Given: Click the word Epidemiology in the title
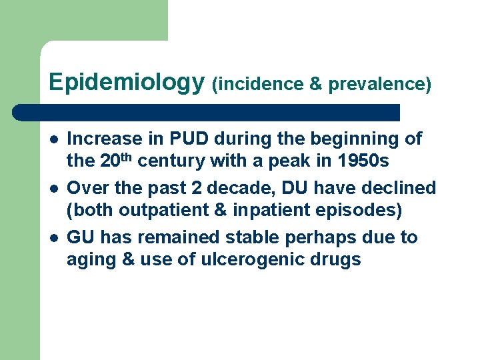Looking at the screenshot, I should click(126, 82).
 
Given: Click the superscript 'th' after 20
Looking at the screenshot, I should click(131, 157).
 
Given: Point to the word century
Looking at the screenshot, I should click(171, 161).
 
